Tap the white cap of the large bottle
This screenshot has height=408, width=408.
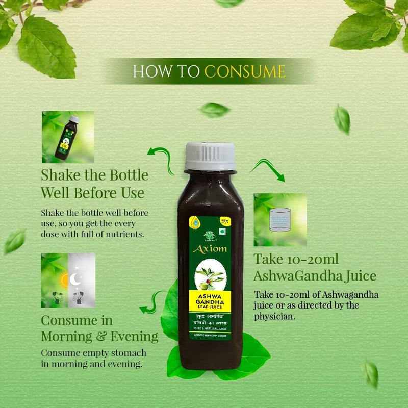[x=210, y=156]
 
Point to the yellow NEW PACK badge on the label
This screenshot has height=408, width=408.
[x=223, y=222]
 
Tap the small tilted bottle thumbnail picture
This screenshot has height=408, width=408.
[x=68, y=137]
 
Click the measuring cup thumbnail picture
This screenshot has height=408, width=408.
[x=280, y=220]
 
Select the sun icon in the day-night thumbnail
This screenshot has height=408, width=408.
[x=64, y=279]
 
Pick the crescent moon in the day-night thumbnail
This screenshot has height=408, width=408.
[x=75, y=278]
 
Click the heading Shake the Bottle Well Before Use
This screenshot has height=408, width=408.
[x=94, y=184]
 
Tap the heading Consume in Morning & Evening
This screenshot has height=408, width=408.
[x=99, y=329]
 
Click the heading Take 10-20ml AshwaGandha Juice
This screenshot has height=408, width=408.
[x=315, y=268]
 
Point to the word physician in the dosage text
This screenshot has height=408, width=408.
[x=275, y=316]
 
